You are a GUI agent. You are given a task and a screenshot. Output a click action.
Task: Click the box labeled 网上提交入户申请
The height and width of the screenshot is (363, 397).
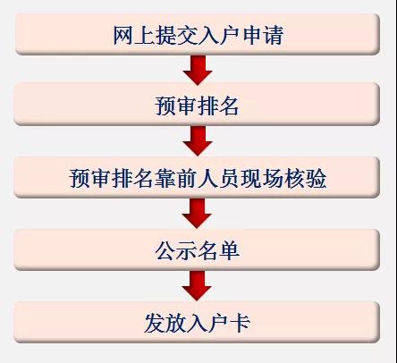coord(198,34)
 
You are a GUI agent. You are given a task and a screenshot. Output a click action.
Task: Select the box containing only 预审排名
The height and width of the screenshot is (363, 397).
coord(197,105)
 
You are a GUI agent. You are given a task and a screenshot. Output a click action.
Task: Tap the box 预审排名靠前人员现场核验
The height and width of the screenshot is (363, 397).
coord(197,178)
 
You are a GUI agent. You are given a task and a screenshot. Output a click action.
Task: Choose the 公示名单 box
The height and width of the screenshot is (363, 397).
coord(197,249)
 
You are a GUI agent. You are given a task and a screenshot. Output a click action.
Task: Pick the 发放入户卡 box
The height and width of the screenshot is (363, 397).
coord(197,322)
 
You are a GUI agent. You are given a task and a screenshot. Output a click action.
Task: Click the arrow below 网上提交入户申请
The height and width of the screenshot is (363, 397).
coord(198,71)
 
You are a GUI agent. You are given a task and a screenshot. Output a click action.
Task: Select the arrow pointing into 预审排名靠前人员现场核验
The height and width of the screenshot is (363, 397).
coord(198,140)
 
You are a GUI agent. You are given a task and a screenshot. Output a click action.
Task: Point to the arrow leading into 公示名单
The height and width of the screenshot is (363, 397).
coord(197,214)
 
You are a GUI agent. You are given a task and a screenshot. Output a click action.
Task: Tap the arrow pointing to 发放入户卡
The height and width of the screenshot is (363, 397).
coord(197,285)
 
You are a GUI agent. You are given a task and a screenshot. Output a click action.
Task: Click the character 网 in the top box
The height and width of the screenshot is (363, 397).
coord(123,35)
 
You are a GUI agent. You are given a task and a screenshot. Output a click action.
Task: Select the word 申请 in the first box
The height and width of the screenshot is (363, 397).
coord(263,35)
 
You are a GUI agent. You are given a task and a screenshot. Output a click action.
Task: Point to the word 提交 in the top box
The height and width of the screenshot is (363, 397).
coord(166,35)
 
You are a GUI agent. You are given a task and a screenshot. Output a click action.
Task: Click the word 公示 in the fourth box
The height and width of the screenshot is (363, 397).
coord(176,250)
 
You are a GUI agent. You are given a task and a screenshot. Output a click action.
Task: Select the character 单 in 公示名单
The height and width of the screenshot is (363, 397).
coord(229,250)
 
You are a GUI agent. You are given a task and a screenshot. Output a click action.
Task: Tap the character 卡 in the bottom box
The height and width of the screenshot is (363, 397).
coord(241,323)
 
